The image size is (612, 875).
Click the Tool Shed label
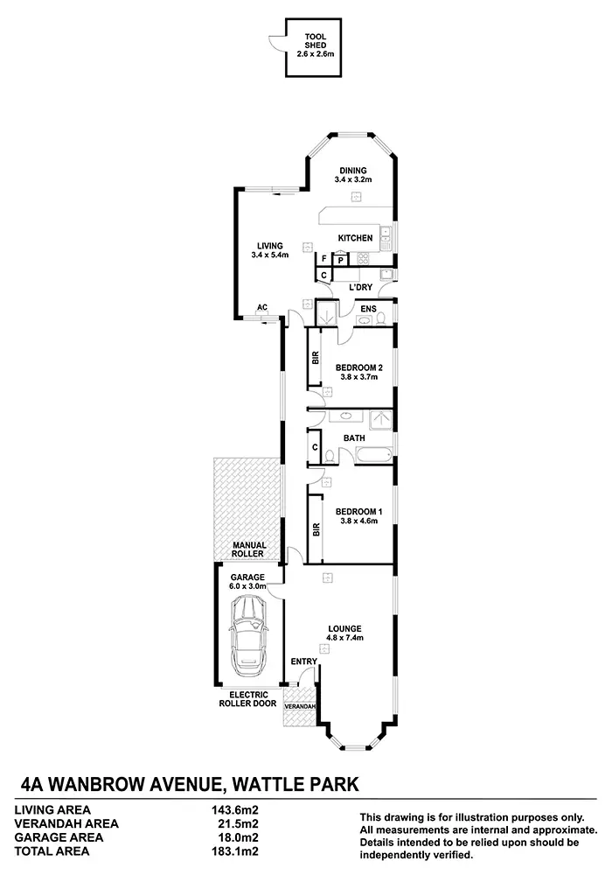(x=316, y=41)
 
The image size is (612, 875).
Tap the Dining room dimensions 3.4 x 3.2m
(x=353, y=179)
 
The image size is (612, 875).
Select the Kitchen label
(x=355, y=238)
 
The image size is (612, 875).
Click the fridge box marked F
(x=323, y=259)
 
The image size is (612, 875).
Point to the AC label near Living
(x=262, y=307)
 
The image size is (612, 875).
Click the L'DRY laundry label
(x=360, y=287)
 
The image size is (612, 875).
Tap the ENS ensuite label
(x=368, y=309)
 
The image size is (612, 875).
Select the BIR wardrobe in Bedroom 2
(x=315, y=357)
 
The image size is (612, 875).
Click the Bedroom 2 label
(x=359, y=367)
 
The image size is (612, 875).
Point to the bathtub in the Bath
(x=374, y=455)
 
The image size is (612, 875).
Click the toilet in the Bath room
(x=330, y=457)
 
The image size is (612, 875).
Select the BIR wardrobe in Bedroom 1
(x=316, y=529)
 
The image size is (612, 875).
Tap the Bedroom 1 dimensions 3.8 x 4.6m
(x=359, y=521)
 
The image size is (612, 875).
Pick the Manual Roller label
(x=248, y=549)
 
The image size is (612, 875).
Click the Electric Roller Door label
(x=248, y=699)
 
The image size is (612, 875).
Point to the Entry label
(x=303, y=661)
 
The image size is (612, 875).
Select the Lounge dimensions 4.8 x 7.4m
(x=345, y=637)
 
